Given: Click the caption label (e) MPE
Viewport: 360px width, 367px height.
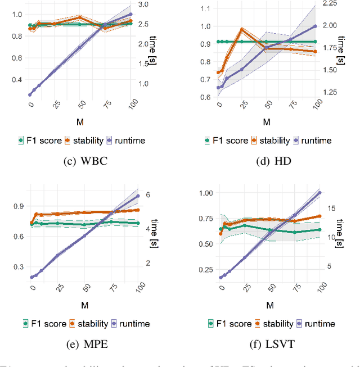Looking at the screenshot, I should pos(85,342).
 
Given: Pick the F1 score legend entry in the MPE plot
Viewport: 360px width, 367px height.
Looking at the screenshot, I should pos(41,323).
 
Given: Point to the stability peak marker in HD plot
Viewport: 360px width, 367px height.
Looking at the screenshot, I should pos(242,29).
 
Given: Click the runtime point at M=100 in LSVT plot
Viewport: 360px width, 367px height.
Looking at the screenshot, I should pos(321,193).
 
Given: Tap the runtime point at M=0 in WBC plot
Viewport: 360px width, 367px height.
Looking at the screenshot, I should pos(30,95).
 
